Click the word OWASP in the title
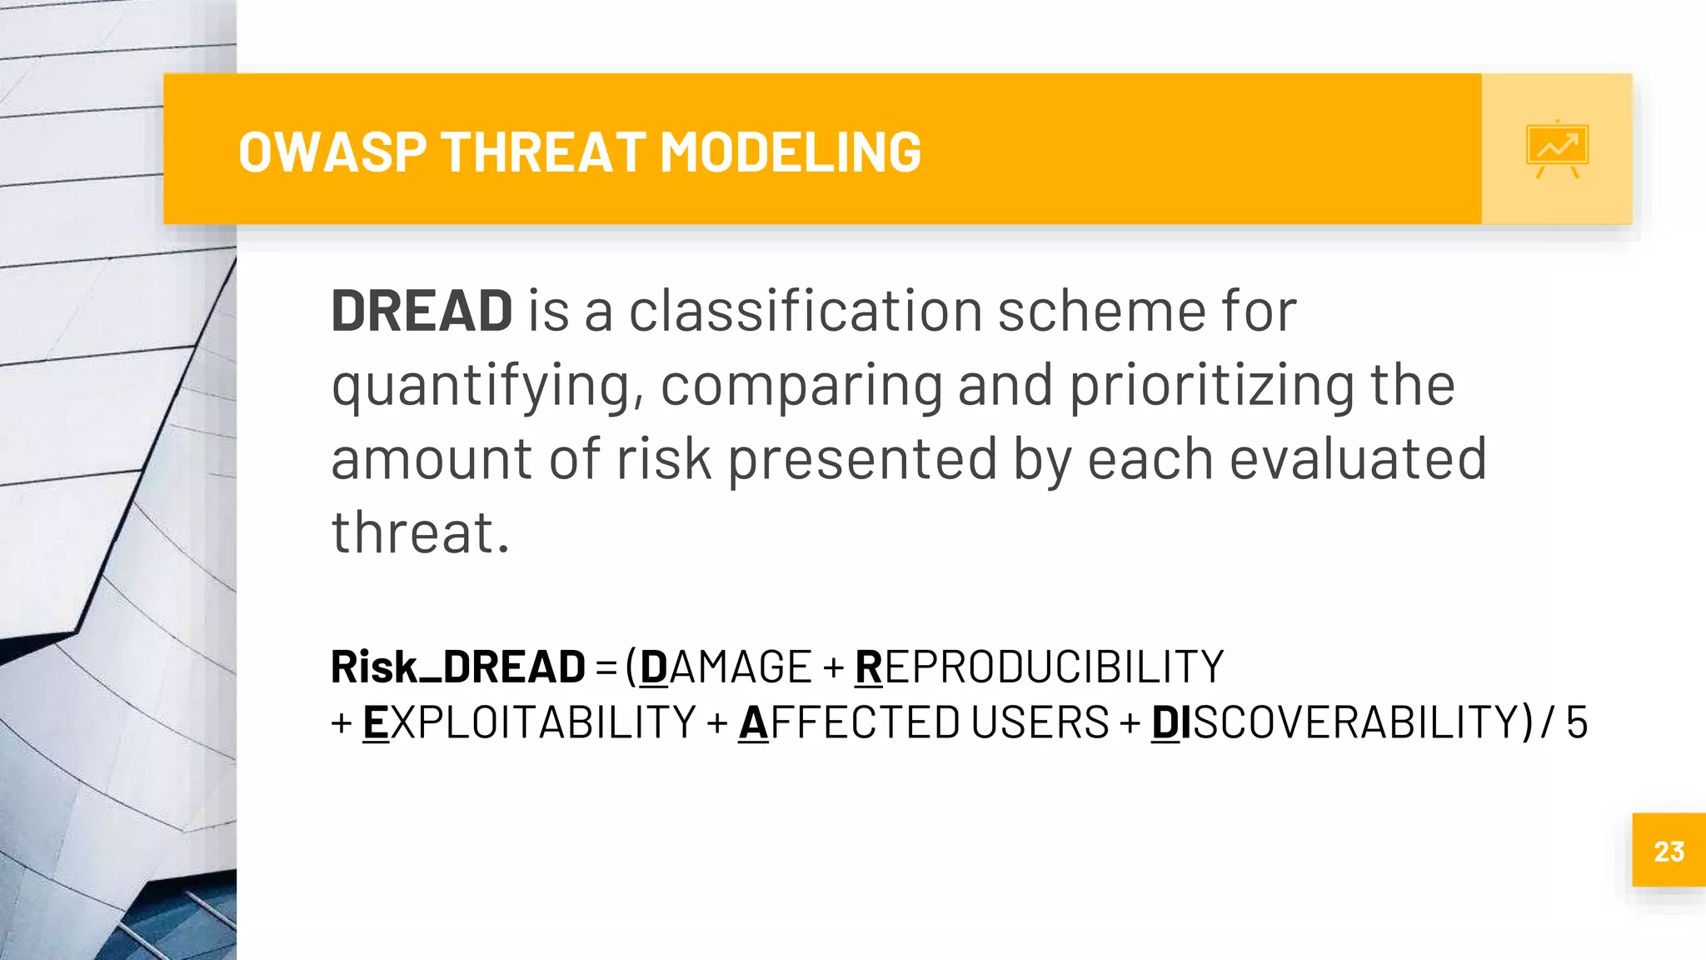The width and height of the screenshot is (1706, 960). tap(332, 152)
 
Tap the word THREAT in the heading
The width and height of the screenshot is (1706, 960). tap(543, 152)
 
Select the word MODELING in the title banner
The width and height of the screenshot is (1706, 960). tap(790, 152)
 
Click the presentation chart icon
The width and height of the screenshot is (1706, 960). tap(1557, 149)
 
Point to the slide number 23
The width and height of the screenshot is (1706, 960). tap(1669, 851)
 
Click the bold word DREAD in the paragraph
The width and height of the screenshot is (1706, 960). tap(422, 311)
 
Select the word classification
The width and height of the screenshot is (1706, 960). tap(805, 311)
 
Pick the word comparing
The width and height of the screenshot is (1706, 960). tap(801, 387)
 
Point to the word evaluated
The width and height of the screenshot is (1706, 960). tap(1358, 459)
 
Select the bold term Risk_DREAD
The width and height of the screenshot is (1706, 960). tap(458, 667)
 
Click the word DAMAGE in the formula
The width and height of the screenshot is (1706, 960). tap(725, 667)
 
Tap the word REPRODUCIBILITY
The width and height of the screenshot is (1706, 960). tap(1039, 667)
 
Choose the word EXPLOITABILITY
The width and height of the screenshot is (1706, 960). tap(529, 722)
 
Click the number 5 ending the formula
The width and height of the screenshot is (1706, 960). tap(1576, 722)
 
